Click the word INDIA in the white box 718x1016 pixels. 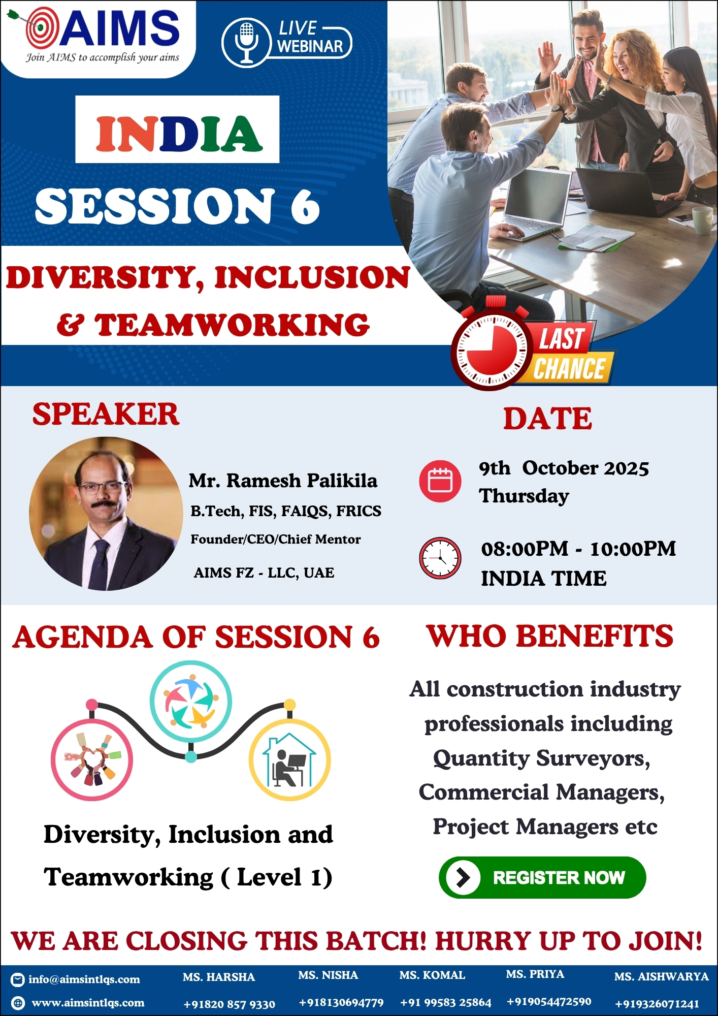(x=179, y=134)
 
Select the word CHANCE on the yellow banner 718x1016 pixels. (x=569, y=368)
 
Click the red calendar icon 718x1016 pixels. (x=440, y=481)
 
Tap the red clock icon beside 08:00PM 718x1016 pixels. (x=440, y=558)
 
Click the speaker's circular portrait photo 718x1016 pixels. (x=106, y=514)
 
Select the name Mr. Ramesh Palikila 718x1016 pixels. (x=283, y=481)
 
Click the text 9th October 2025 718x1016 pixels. (x=564, y=468)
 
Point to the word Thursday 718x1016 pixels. (x=524, y=496)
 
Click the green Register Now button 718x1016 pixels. (x=542, y=877)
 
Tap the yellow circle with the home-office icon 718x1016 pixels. (x=289, y=760)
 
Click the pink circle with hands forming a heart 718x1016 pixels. (x=92, y=760)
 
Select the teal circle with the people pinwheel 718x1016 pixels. (x=191, y=702)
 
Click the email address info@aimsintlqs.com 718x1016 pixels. (x=84, y=979)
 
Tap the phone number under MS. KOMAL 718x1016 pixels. (x=446, y=1002)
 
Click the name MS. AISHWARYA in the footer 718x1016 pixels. (x=661, y=976)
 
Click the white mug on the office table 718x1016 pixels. (x=704, y=219)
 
